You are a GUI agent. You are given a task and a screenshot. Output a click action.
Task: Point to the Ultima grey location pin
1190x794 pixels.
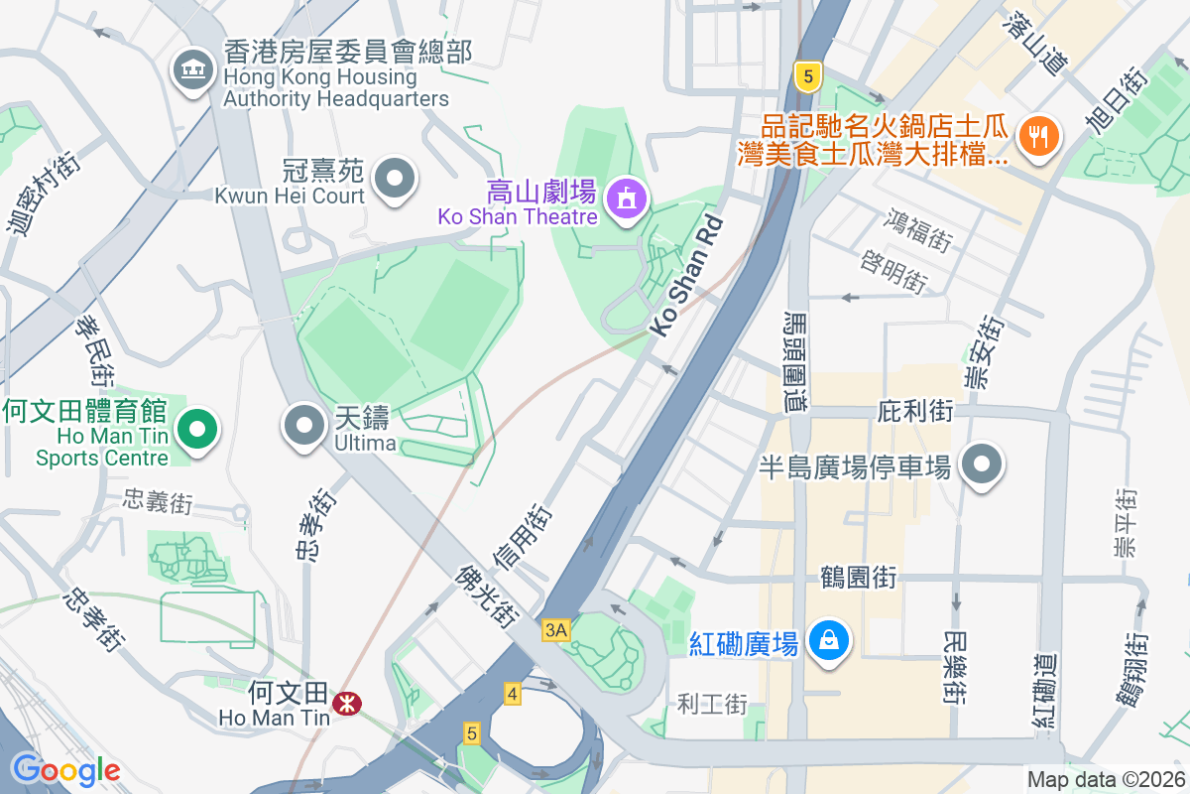[x=304, y=427]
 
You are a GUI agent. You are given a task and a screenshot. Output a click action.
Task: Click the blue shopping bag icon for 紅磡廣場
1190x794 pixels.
[x=826, y=640]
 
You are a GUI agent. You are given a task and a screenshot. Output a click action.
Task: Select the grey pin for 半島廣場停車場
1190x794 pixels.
[x=983, y=464]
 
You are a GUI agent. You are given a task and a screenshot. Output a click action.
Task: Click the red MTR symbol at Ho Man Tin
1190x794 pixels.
[x=347, y=704]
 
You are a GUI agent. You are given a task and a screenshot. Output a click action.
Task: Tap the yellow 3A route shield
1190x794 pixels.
[x=556, y=630]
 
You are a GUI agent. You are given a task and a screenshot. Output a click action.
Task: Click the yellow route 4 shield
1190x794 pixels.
[x=512, y=694]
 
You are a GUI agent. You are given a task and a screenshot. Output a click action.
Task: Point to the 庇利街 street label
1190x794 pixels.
[x=915, y=410]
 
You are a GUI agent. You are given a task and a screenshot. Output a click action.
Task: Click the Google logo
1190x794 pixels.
[x=65, y=769]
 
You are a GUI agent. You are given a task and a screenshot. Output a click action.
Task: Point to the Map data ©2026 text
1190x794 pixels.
[x=1105, y=779]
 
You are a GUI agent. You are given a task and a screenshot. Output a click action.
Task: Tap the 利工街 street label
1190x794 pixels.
[x=711, y=705]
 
